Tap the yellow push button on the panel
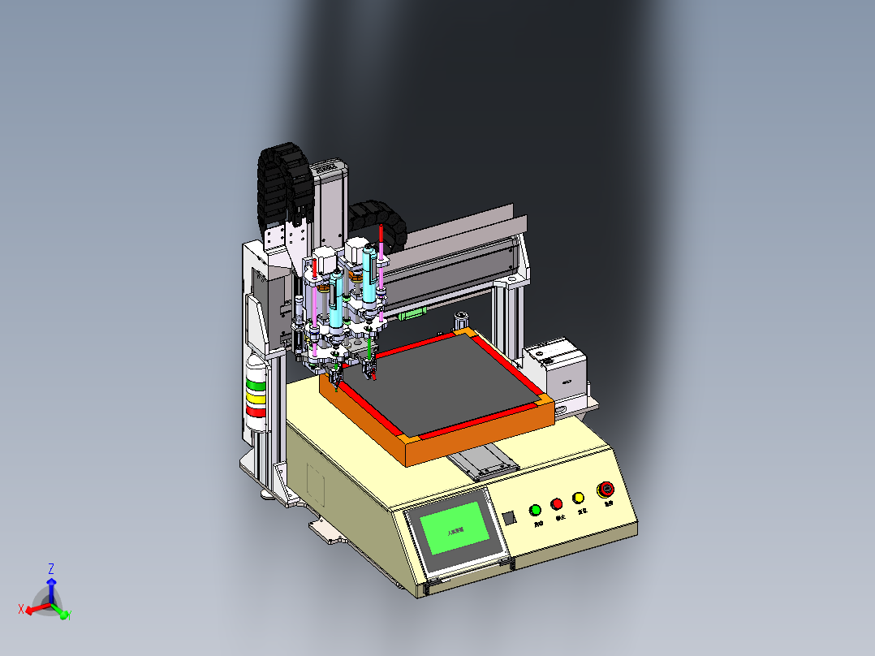pyautogui.click(x=579, y=498)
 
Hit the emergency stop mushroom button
pyautogui.click(x=606, y=489)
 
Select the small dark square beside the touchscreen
pyautogui.click(x=509, y=518)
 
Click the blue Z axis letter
pyautogui.click(x=50, y=568)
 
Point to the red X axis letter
pyautogui.click(x=21, y=608)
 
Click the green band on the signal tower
pyautogui.click(x=256, y=386)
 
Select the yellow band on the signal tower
pyautogui.click(x=256, y=399)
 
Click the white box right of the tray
pyautogui.click(x=558, y=372)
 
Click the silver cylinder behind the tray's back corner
pyautogui.click(x=463, y=317)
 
